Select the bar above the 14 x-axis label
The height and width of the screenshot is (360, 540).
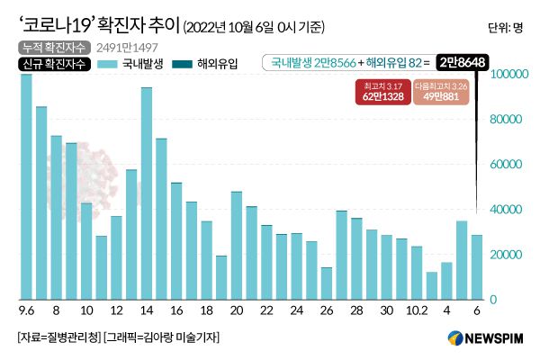click(146, 193)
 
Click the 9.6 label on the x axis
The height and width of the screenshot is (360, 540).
click(26, 310)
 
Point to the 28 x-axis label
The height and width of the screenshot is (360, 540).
click(356, 310)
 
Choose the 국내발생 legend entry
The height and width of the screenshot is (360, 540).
click(134, 64)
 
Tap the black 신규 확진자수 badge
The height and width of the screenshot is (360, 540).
click(51, 64)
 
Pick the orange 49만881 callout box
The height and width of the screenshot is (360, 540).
click(440, 89)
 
